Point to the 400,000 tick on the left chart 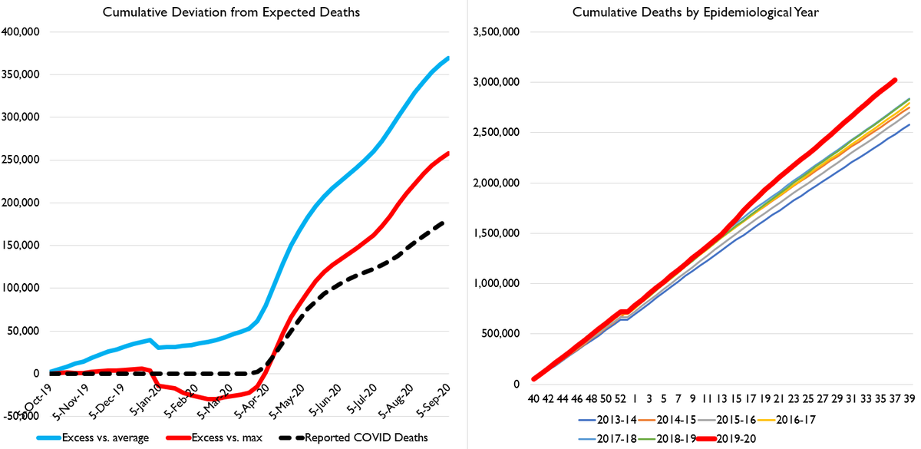tap(23, 32)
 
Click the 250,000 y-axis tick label tap(23, 160)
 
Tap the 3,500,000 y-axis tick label tap(496, 32)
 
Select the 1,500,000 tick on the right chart tap(496, 233)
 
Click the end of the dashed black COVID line tap(445, 223)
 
